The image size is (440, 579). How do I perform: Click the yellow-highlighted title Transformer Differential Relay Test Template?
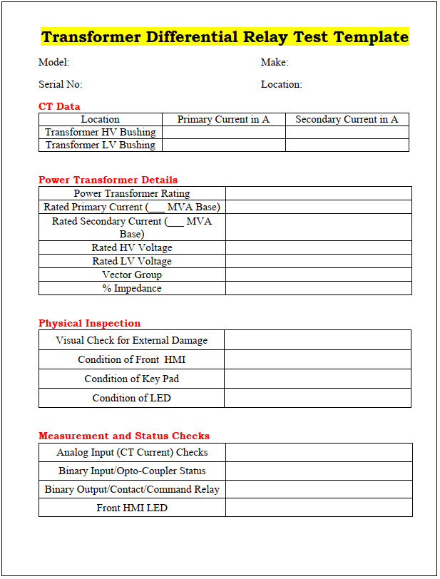[225, 37]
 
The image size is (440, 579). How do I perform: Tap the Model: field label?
[54, 63]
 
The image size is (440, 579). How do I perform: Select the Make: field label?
[275, 63]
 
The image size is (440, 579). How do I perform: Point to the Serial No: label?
[61, 84]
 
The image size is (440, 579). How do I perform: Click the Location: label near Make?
[282, 84]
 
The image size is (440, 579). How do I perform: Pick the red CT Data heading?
[59, 106]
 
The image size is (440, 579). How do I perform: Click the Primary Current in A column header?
[223, 119]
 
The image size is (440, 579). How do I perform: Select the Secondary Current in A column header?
[347, 119]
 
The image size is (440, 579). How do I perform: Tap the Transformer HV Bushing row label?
[101, 132]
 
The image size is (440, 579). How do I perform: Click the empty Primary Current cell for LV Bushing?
[223, 145]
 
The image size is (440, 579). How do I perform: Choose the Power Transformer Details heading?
[108, 180]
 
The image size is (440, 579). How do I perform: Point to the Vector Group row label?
[132, 275]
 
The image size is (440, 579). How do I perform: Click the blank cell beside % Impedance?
[318, 288]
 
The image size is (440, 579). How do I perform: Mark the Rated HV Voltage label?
[132, 247]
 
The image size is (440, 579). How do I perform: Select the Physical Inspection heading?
[90, 323]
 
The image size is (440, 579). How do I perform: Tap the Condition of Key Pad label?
[132, 379]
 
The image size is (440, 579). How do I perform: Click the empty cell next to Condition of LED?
[317, 398]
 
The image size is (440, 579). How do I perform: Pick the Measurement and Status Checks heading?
[124, 436]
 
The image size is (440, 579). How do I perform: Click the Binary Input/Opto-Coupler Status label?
[132, 471]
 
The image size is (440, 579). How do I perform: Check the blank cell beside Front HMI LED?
[318, 508]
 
